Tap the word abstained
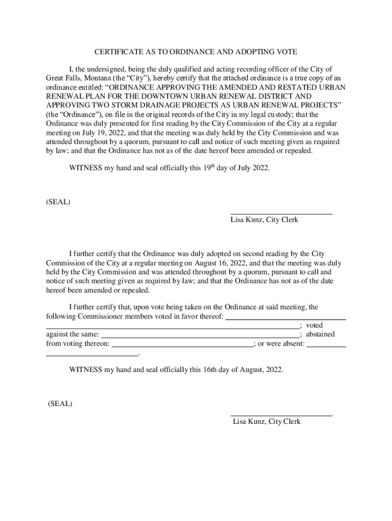(x=320, y=334)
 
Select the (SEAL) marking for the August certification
(x=60, y=404)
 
